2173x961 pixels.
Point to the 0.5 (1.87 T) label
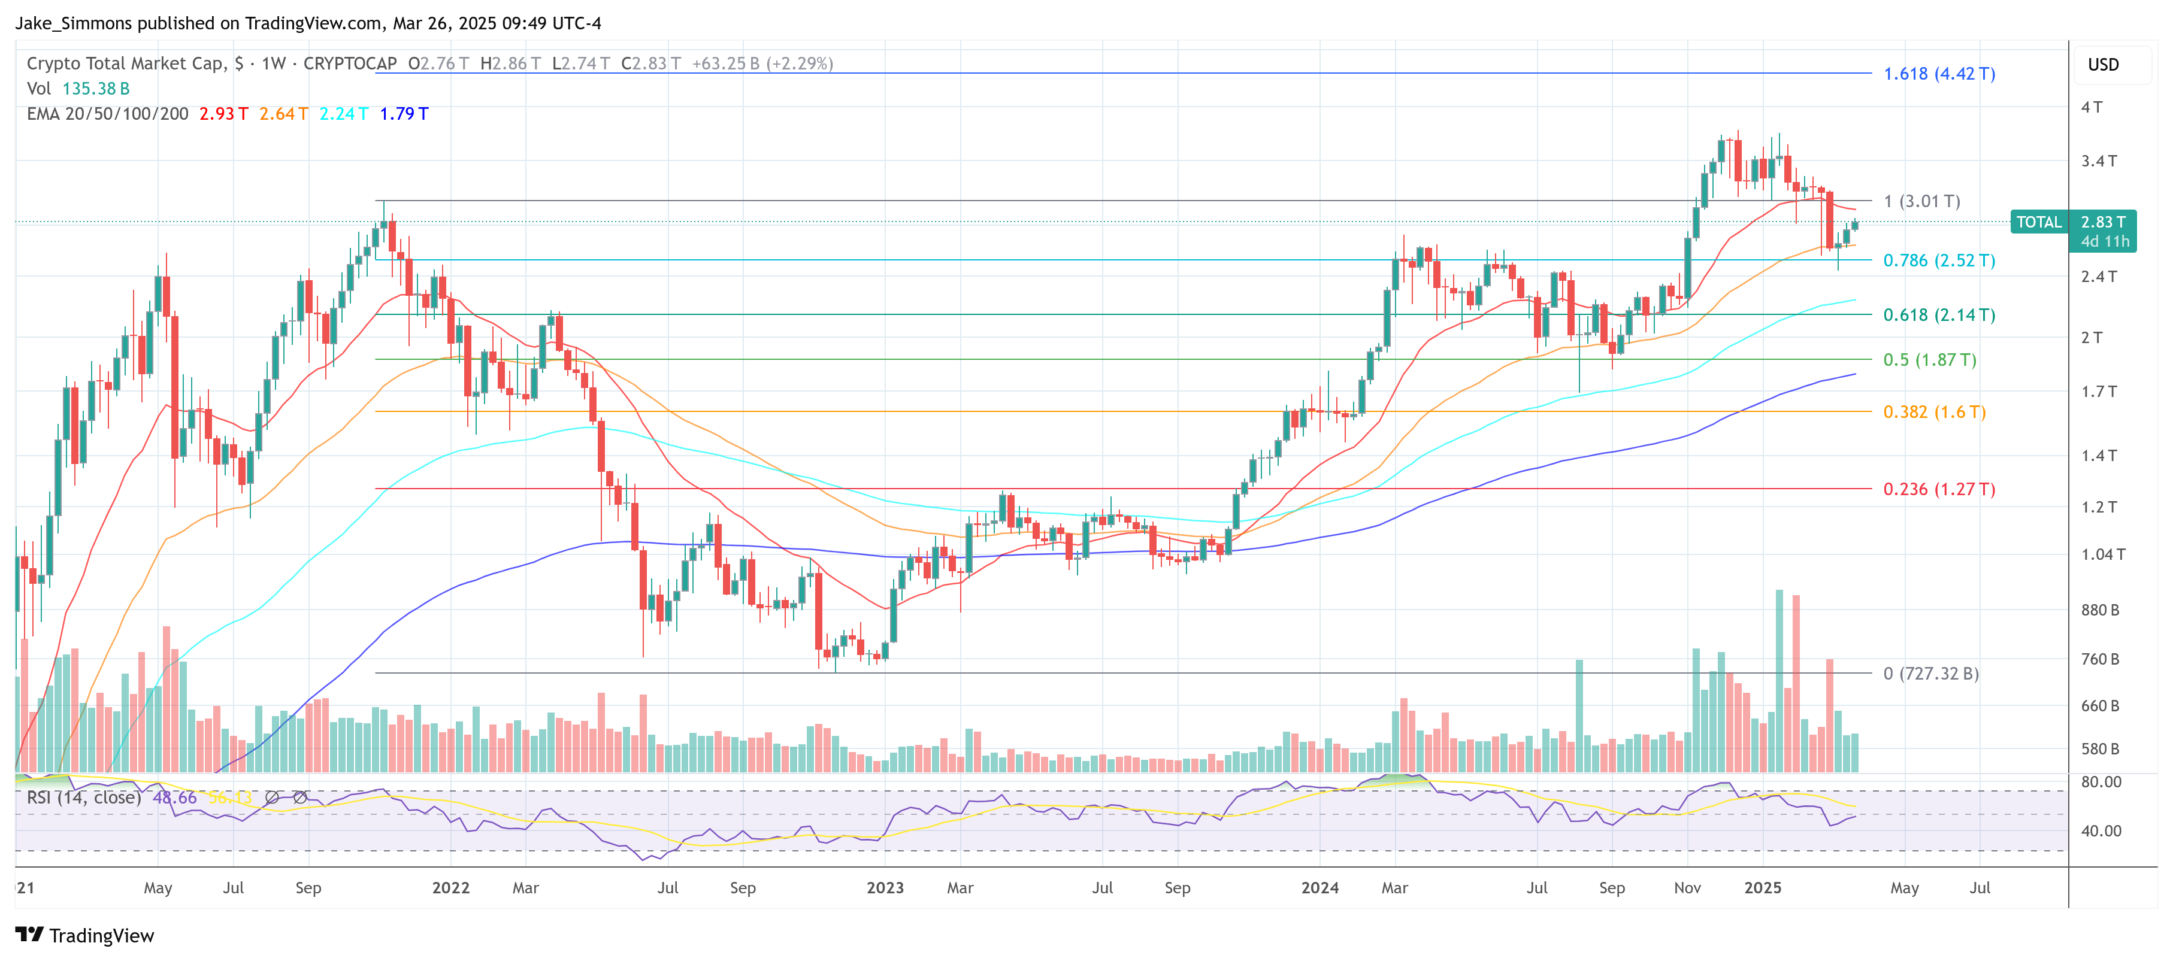(x=1929, y=360)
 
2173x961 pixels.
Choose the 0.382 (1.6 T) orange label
(x=1933, y=412)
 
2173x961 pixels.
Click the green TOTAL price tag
(x=2038, y=223)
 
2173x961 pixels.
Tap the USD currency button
(x=2102, y=65)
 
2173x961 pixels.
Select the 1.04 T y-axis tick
(x=2102, y=554)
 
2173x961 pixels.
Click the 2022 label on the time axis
(x=450, y=888)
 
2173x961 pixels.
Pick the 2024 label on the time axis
(x=1319, y=888)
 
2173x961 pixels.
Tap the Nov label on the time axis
(x=1687, y=888)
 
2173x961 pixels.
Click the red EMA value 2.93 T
(x=223, y=114)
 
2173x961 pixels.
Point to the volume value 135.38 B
(x=95, y=89)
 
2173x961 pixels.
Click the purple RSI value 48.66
(x=175, y=798)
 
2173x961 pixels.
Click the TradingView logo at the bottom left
(x=84, y=936)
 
